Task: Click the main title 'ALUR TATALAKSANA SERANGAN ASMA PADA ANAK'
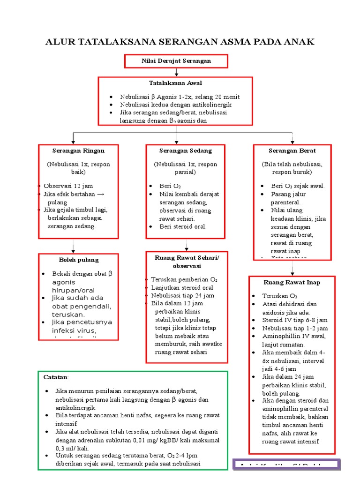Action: [180, 43]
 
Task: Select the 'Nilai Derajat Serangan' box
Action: [176, 61]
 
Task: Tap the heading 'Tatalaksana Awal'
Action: [175, 83]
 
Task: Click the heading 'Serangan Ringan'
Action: [78, 151]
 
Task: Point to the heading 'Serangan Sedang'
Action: [185, 151]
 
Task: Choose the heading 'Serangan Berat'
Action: [292, 151]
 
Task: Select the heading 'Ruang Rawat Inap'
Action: [292, 283]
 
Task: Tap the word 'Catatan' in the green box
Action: [55, 377]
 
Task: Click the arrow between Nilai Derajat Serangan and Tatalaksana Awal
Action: [176, 72]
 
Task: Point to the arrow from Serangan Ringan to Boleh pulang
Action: [73, 247]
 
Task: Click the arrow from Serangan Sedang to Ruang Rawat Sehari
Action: [187, 245]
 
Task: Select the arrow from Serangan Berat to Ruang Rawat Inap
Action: [292, 268]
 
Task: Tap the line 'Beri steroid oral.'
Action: [183, 227]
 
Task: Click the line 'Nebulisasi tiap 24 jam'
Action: [182, 295]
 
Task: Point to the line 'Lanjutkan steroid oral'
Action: [182, 287]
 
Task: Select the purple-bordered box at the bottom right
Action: [286, 465]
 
